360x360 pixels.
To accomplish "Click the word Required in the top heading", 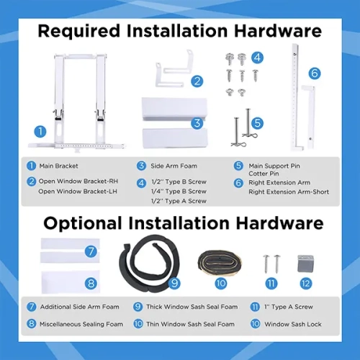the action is point(79,32).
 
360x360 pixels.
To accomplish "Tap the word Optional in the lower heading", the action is point(83,224).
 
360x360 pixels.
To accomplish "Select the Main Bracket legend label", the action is point(58,166).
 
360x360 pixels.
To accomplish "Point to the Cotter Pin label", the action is point(264,174).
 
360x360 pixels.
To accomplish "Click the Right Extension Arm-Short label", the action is point(289,192).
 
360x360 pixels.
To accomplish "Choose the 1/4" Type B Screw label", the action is point(179,192).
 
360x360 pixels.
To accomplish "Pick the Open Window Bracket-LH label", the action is point(78,192).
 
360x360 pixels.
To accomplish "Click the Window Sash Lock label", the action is point(293,324).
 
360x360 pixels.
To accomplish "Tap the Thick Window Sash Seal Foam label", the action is point(192,307).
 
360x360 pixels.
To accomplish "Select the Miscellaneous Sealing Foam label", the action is point(81,324).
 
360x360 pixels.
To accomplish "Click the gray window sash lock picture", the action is point(305,264).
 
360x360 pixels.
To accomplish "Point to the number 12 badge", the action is point(306,284).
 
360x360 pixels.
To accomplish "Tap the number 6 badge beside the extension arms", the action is point(315,73).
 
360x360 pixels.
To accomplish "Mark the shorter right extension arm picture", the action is point(309,117).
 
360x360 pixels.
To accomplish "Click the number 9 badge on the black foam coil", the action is point(174,284).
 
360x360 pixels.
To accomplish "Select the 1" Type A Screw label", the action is point(289,307).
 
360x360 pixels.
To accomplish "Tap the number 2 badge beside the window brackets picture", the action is point(197,81).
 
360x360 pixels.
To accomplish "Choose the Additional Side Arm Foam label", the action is point(80,307).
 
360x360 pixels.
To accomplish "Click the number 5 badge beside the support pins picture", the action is point(257,123).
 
